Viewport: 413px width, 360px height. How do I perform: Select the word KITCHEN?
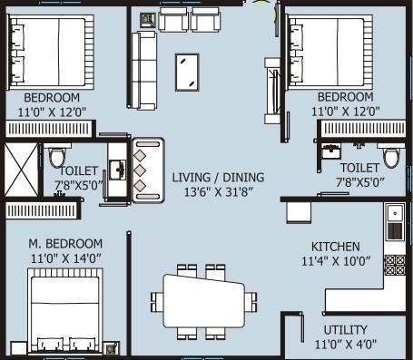pyautogui.click(x=335, y=247)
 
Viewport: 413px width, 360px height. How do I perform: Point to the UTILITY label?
pyautogui.click(x=346, y=329)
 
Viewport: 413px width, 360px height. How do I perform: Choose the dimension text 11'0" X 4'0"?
pyautogui.click(x=346, y=345)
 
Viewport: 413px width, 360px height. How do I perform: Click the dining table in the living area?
pyautogui.click(x=202, y=297)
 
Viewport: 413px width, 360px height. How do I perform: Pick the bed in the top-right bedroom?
pyautogui.click(x=327, y=50)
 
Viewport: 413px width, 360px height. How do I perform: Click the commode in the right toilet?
pyautogui.click(x=391, y=155)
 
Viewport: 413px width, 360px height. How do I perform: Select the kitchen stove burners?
pyautogui.click(x=394, y=265)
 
